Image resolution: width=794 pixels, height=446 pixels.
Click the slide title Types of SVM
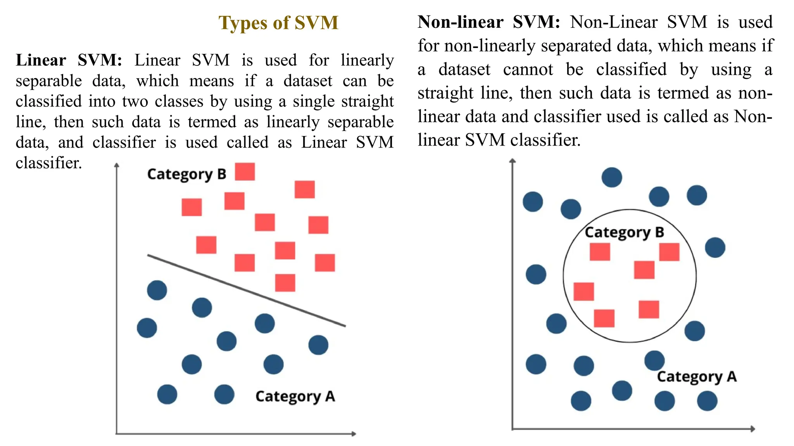click(x=278, y=23)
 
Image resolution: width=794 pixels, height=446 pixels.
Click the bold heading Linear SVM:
click(x=69, y=60)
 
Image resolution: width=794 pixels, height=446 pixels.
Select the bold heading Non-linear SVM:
click(x=488, y=22)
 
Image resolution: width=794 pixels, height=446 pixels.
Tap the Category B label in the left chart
click(x=186, y=174)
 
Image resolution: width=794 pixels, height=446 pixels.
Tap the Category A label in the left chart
click(x=295, y=396)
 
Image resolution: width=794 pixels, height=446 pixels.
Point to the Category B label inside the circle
click(x=624, y=232)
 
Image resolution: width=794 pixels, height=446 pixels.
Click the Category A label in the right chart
click(x=697, y=377)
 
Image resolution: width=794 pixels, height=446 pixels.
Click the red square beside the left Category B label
click(x=245, y=172)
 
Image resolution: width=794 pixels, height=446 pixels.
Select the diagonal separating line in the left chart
click(x=247, y=290)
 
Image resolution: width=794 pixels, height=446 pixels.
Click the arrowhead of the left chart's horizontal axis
click(x=354, y=434)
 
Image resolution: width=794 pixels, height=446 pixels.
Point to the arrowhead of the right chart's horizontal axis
click(x=753, y=429)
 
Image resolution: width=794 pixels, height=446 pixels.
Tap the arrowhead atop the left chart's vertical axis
click(x=117, y=165)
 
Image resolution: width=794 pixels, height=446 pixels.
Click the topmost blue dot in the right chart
click(x=612, y=177)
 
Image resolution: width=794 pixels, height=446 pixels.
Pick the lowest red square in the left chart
click(x=285, y=283)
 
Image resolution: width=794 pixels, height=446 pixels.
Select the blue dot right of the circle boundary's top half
click(x=715, y=247)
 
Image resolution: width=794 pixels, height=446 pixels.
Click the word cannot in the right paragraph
click(x=528, y=70)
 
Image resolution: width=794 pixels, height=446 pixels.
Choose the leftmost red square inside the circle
click(x=583, y=292)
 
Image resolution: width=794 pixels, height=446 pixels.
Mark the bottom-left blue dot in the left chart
click(x=167, y=395)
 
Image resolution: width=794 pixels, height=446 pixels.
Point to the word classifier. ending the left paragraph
click(x=49, y=163)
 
